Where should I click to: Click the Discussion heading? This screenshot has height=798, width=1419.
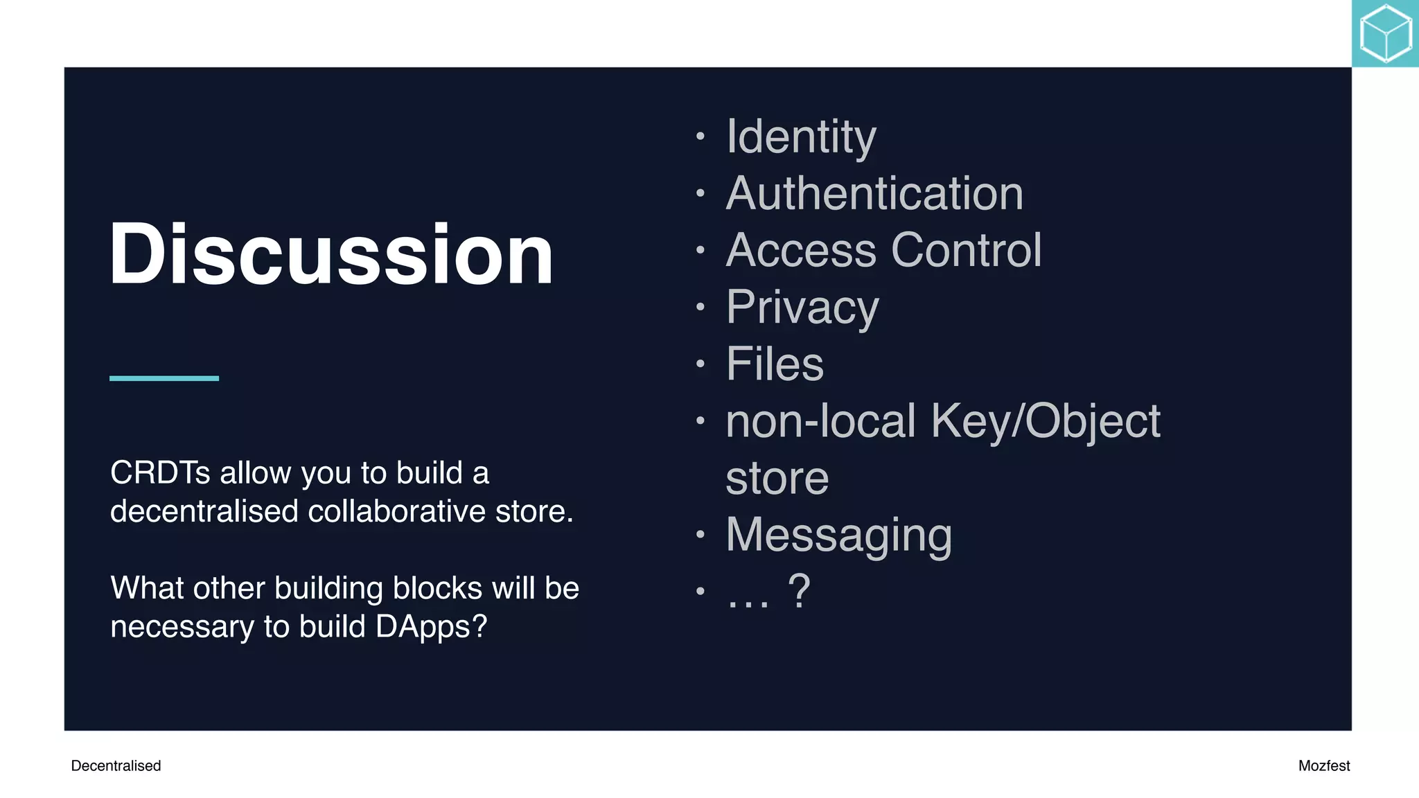[331, 254]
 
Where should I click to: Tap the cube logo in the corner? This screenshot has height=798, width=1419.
[1385, 33]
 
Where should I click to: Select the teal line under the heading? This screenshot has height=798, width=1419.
[164, 378]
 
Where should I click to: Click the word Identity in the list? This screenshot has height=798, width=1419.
[801, 136]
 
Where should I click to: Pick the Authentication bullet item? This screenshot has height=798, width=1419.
[874, 193]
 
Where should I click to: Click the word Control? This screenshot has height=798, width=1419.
[967, 250]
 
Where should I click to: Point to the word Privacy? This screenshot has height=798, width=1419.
[802, 307]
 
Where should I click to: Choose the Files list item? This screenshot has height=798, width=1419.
[775, 364]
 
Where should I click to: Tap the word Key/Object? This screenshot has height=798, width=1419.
[1046, 421]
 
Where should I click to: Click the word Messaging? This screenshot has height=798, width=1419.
[839, 535]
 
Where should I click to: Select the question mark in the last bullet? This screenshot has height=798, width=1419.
[799, 591]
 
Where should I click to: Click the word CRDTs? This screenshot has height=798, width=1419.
[160, 473]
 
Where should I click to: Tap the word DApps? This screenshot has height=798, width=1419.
[431, 627]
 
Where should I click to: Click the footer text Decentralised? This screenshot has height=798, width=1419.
[116, 765]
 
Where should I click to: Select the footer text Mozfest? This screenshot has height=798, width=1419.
[1323, 765]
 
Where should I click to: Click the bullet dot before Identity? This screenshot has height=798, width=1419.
[700, 136]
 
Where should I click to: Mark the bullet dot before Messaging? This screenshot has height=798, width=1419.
[700, 535]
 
